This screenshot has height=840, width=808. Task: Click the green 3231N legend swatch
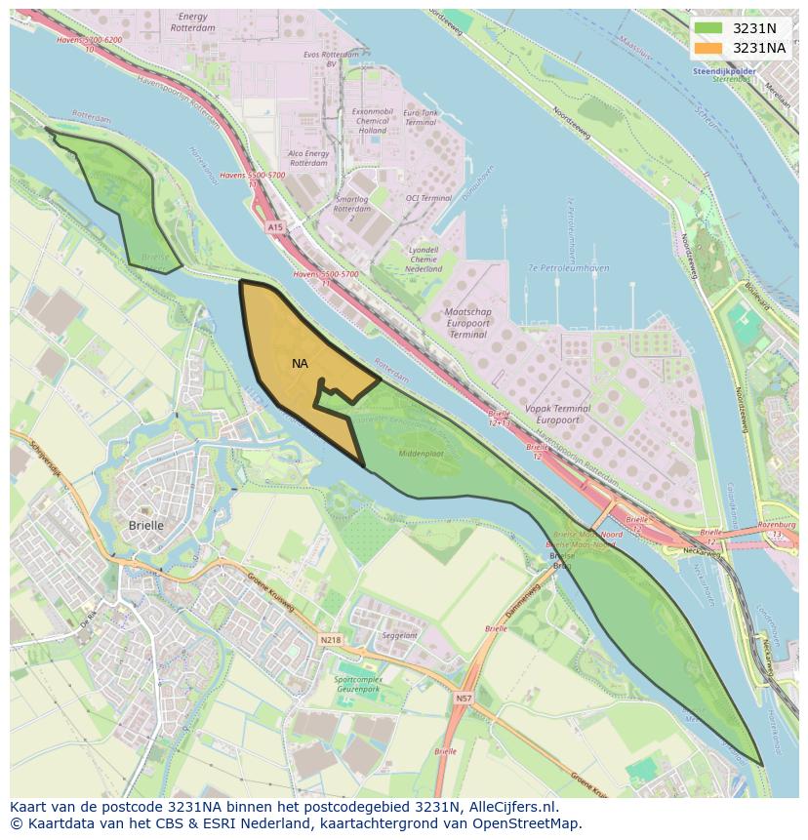coord(709,28)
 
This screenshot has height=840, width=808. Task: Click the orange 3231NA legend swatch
coord(709,48)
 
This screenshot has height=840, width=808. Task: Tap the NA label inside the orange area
coord(300,364)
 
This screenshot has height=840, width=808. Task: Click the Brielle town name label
coord(146,525)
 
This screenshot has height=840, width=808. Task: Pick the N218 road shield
coord(331,641)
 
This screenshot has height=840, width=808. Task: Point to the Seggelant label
coord(400,635)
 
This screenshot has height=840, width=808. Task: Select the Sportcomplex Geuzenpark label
coord(357,683)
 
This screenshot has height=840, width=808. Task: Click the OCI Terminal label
coord(428,198)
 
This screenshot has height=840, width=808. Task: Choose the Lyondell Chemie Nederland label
coord(424,259)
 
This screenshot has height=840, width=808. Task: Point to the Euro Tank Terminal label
coord(421,118)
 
